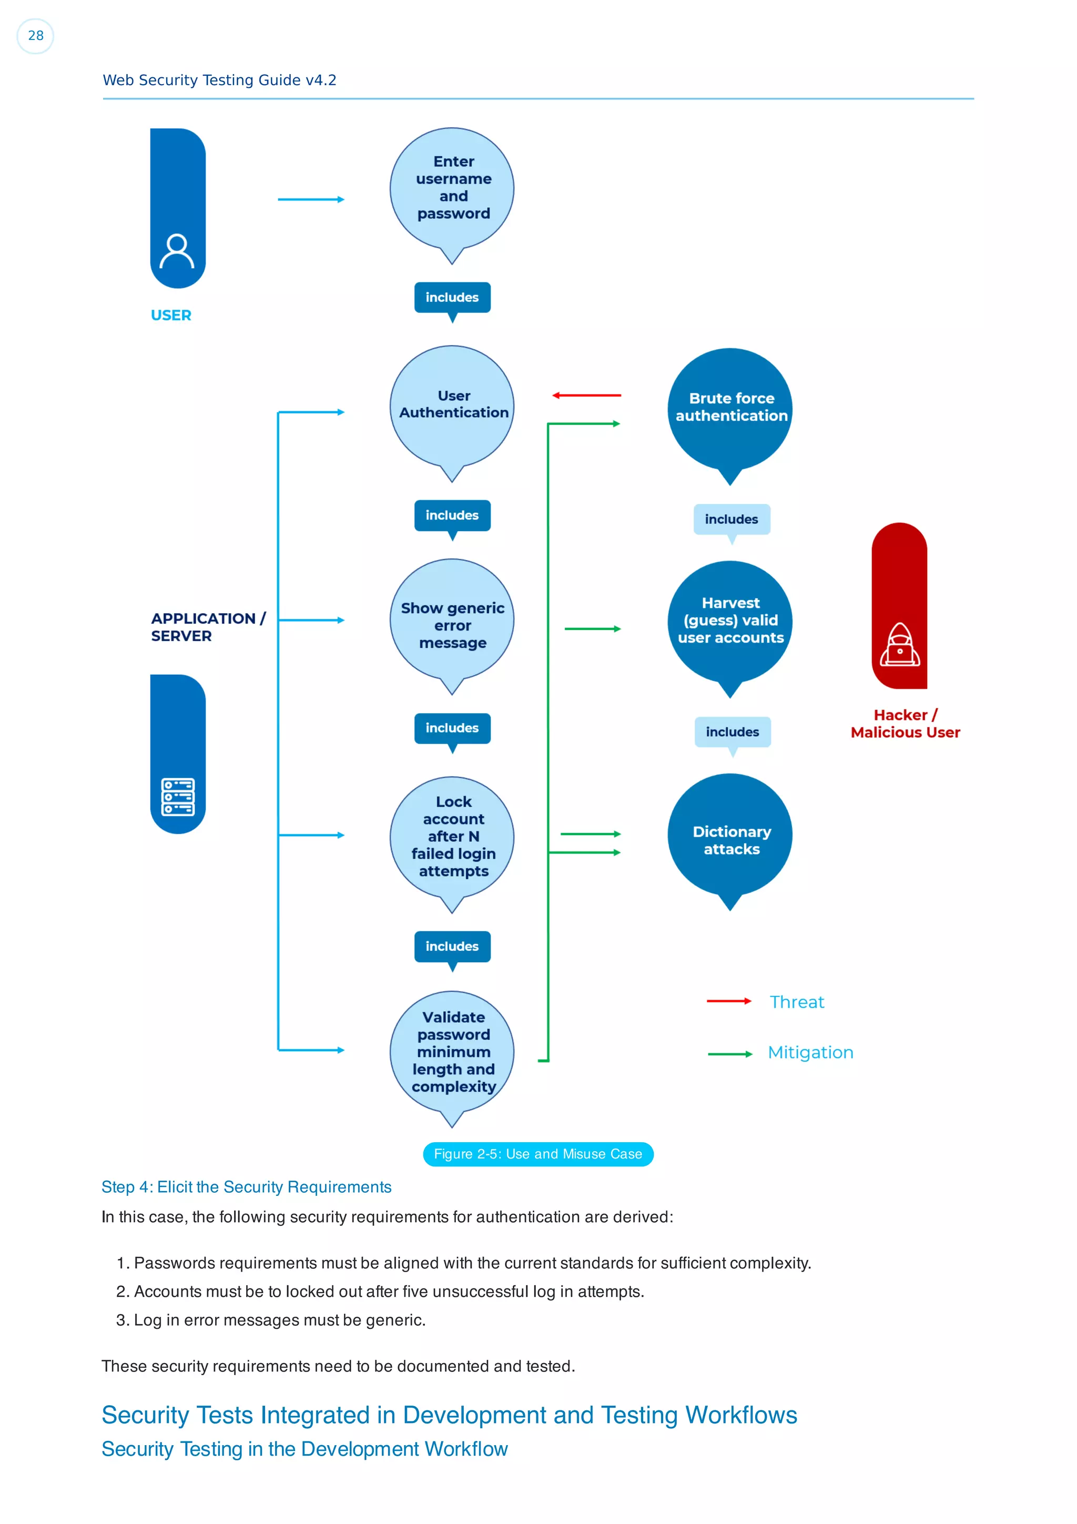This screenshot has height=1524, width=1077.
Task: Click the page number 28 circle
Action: tap(35, 36)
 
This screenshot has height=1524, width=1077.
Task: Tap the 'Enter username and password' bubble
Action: tap(453, 188)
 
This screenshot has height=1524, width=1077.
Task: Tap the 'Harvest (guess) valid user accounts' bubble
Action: tap(730, 621)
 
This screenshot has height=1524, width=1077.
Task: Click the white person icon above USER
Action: tap(177, 251)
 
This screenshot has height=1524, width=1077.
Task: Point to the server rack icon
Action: tap(178, 797)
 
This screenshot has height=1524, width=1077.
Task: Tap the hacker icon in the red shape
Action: tap(899, 645)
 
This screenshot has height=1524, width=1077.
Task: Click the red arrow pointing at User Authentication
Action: tap(586, 395)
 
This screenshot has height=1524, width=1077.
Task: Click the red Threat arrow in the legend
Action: tap(729, 1001)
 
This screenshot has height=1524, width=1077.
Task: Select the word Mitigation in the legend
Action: tap(810, 1053)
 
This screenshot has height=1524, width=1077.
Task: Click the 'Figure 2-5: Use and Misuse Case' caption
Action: tap(538, 1154)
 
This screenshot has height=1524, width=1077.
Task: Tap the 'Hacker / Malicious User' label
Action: tap(905, 724)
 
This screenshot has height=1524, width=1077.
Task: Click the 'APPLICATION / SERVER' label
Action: tap(208, 627)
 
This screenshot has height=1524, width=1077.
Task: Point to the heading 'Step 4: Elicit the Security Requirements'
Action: tap(246, 1187)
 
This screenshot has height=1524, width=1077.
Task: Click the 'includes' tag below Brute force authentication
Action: tap(731, 519)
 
